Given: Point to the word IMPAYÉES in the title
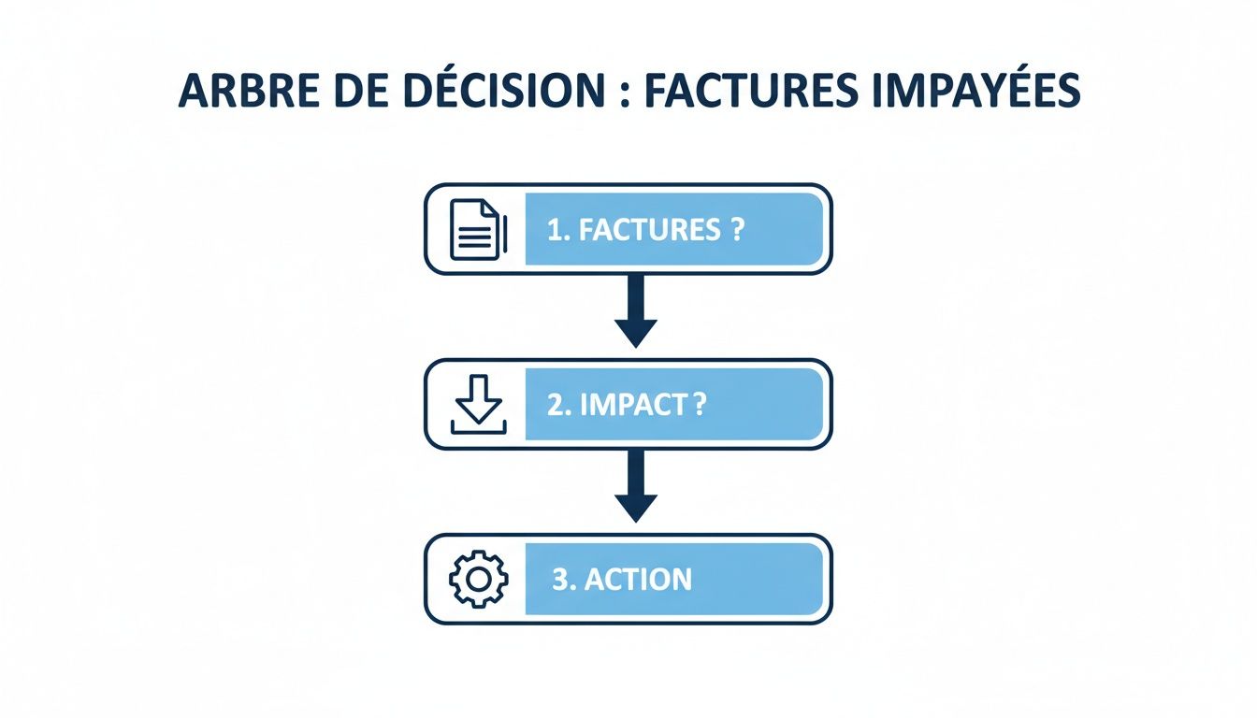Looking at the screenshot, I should point(977,90).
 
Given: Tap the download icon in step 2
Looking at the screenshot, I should point(478,405).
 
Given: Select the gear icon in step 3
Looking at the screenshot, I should point(478,580).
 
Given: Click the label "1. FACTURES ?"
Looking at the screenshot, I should point(645,230).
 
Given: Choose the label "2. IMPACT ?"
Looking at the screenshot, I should point(627,405).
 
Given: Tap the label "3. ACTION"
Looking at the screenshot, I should point(622,580).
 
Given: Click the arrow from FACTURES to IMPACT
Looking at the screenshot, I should point(636,312).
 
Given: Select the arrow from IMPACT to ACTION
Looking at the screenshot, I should point(636,487).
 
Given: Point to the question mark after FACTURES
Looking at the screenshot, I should point(739,230).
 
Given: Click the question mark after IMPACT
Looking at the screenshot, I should point(701,405).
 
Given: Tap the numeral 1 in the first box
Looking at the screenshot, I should point(554,230).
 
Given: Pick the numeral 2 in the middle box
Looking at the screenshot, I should point(554,405).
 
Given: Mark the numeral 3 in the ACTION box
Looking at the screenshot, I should point(559,580).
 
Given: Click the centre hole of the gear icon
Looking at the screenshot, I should point(478,580).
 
